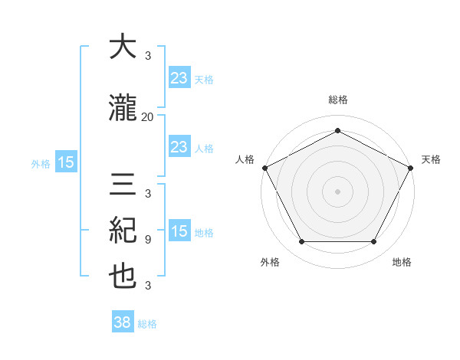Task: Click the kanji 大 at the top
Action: coord(123,47)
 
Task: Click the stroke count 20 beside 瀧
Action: coord(148,116)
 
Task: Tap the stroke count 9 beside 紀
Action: coord(148,239)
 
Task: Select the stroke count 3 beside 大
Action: coord(148,56)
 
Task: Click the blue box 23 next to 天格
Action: coord(179,77)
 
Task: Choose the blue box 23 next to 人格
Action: coord(179,147)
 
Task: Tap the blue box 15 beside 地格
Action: coord(179,231)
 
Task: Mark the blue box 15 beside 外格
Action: coord(65,162)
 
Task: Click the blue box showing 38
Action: coord(123,322)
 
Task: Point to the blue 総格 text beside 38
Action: coord(148,324)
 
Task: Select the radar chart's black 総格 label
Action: coord(337,100)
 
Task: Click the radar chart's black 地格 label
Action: coord(402,262)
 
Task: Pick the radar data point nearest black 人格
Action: coord(264,167)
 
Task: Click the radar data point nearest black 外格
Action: coord(301,242)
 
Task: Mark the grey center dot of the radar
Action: coord(337,191)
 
